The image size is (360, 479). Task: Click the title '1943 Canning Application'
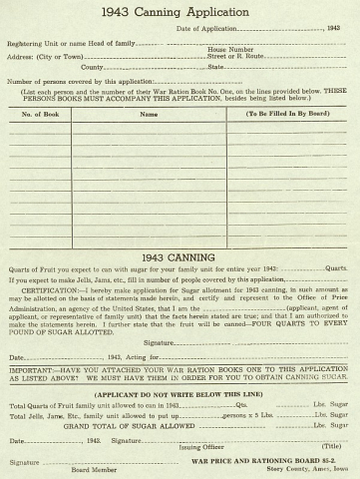(180, 13)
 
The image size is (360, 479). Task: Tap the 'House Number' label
(229, 49)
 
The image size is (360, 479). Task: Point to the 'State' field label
(215, 67)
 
